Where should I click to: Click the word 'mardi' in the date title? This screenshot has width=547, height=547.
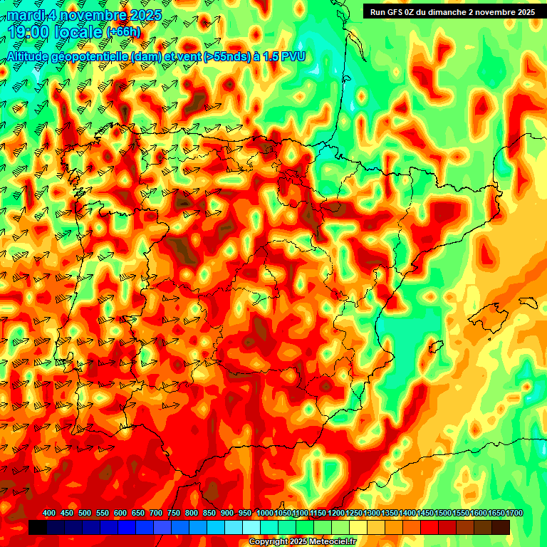[26, 14]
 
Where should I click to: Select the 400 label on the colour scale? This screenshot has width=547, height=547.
[49, 514]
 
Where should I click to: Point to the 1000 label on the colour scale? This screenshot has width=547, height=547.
[265, 514]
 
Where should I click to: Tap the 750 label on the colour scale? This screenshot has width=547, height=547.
[174, 514]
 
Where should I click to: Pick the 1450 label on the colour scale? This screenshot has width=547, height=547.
[426, 514]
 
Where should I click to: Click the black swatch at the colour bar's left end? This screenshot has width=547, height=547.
[38, 527]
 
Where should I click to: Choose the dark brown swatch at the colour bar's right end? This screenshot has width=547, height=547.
[501, 527]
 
